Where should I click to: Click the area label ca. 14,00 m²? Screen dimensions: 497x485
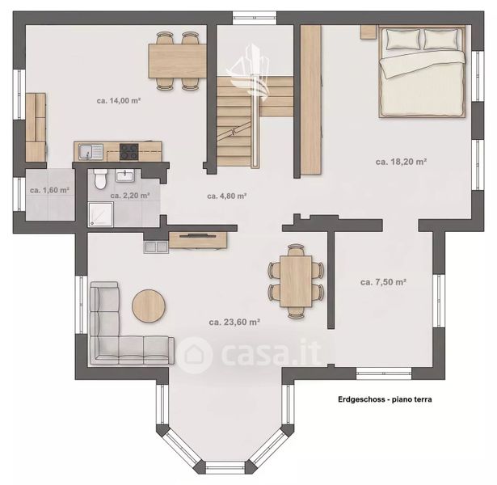point(119,101)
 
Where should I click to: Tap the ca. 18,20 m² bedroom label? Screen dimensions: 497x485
point(401,162)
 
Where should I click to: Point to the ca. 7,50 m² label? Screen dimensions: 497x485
point(384,282)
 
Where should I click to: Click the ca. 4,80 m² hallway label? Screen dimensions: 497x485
point(227,196)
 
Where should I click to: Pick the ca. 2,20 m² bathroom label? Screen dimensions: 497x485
point(130,196)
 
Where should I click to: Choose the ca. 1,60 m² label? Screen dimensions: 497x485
point(50,190)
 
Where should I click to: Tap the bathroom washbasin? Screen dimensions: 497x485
point(125,175)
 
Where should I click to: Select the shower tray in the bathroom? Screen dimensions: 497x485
point(101,214)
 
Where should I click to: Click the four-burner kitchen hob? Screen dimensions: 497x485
point(128,151)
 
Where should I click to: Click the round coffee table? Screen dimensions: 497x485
point(149,306)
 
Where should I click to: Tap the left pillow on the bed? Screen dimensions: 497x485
point(403,39)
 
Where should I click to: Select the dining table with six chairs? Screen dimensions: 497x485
point(296,280)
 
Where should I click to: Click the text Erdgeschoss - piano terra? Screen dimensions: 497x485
point(385,399)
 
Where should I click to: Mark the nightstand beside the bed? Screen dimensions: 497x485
point(368,32)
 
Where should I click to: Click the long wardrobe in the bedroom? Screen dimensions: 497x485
point(311,100)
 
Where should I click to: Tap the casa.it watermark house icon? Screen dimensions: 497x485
point(194,354)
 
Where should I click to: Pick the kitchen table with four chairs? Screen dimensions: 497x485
point(178,61)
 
